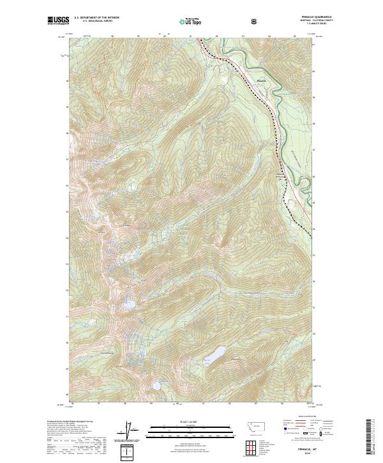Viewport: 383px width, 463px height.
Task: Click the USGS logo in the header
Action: pyautogui.click(x=57, y=21)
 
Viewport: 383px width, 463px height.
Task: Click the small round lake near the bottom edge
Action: pyautogui.click(x=156, y=386)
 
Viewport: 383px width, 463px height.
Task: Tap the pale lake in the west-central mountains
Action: pyautogui.click(x=130, y=306)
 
